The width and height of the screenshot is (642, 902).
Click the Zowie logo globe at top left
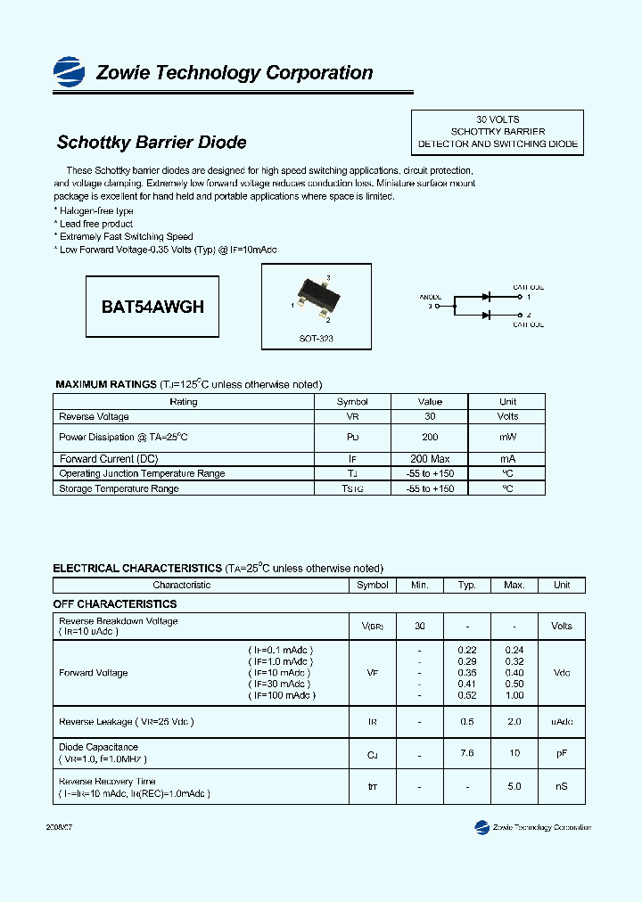(x=69, y=70)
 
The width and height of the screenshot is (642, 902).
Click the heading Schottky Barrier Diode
(x=152, y=143)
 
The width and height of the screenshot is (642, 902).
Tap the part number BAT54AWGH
(x=152, y=307)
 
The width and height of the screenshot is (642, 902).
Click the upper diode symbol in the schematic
(x=487, y=296)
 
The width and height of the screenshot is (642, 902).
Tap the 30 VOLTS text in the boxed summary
(x=498, y=119)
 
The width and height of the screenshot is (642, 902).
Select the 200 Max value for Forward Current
(x=430, y=459)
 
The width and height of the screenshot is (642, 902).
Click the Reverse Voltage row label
(x=94, y=417)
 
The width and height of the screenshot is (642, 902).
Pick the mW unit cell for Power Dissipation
(x=507, y=438)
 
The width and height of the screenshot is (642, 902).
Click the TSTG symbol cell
(x=352, y=488)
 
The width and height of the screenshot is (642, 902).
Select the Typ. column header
(x=467, y=586)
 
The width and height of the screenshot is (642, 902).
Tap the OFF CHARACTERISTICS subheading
(x=115, y=604)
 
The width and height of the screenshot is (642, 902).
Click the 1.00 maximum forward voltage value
(x=514, y=695)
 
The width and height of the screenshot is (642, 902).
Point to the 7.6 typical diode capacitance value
(x=467, y=754)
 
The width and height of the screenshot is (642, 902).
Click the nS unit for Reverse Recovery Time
(x=562, y=787)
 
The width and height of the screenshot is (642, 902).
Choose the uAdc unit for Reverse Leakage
(x=562, y=721)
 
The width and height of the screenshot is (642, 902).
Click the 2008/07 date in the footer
(x=59, y=827)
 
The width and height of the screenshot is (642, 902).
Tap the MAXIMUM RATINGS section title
(x=106, y=384)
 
